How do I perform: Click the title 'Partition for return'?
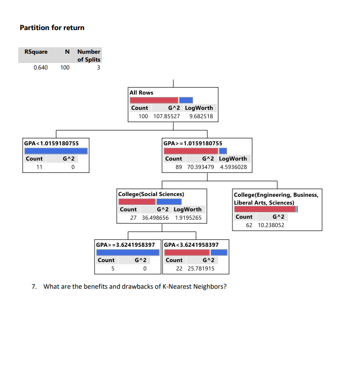(52, 28)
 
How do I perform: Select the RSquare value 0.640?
(40, 68)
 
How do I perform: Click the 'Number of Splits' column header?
(89, 55)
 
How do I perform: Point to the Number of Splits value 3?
(98, 68)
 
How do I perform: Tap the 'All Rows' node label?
(141, 93)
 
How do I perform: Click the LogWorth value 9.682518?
(200, 116)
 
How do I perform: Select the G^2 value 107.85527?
(167, 116)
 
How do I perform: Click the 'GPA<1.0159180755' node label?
(51, 143)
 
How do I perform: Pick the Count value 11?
(40, 167)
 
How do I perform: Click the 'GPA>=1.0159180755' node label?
(189, 143)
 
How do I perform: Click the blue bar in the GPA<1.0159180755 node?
(56, 151)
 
